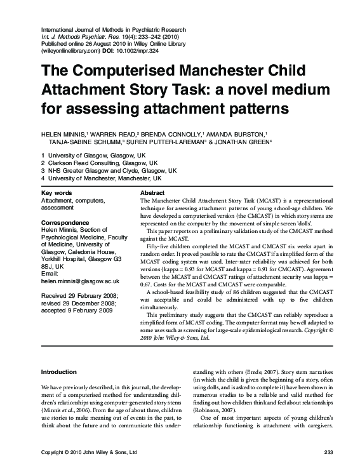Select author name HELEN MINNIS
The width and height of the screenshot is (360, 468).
click(63, 133)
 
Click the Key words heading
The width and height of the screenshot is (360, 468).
click(57, 192)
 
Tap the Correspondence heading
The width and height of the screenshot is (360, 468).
click(65, 223)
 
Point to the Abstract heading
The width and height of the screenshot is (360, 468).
click(152, 192)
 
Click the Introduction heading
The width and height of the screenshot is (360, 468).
click(58, 371)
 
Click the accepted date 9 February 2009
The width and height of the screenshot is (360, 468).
click(77, 311)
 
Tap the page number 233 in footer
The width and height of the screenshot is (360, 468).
click(328, 451)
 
